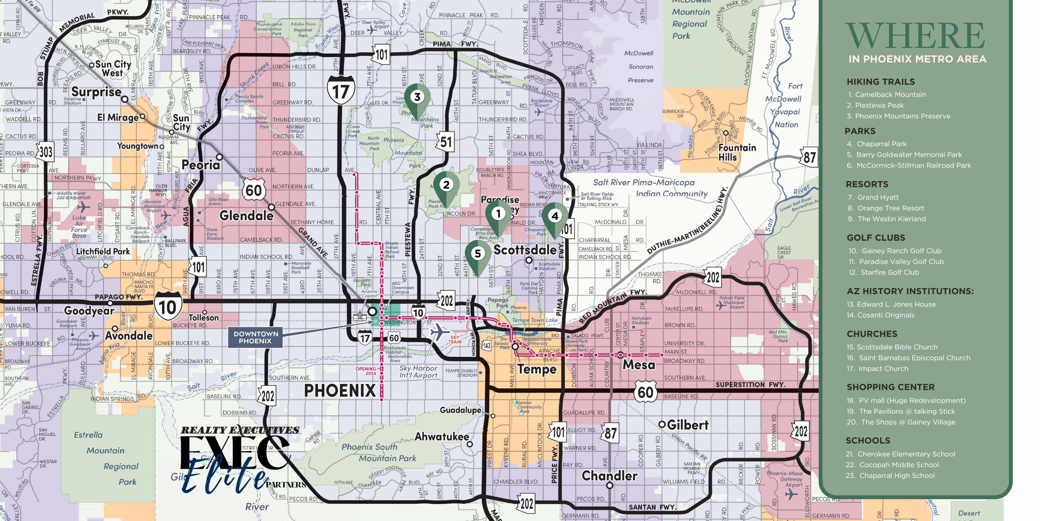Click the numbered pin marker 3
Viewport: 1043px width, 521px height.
tap(417, 98)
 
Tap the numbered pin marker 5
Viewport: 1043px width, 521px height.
tap(478, 254)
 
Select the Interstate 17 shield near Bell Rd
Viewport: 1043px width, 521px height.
tap(341, 91)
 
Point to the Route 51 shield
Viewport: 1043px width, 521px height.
tap(446, 142)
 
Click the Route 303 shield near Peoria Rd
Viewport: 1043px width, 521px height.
tap(45, 152)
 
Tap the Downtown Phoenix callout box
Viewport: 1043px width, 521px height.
tap(256, 337)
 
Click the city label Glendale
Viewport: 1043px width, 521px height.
tap(246, 216)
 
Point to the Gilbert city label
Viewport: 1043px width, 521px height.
tap(687, 425)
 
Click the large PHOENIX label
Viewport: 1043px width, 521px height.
tap(340, 391)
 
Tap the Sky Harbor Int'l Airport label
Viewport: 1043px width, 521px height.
tap(418, 371)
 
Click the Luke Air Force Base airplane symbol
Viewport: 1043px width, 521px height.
tap(83, 207)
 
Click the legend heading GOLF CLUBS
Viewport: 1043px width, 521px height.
tap(875, 238)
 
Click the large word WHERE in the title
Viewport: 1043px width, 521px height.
tap(915, 36)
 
